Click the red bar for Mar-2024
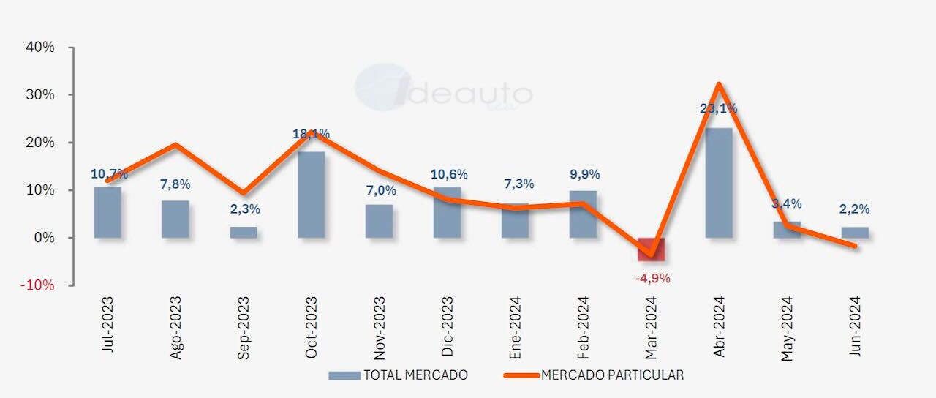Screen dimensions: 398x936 coord(651,249)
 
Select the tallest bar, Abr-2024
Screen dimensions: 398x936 coord(719,183)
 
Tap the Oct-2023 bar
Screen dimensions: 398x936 coord(311,195)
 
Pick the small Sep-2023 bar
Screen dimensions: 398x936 coord(244,232)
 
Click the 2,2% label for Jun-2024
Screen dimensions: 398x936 coord(854,209)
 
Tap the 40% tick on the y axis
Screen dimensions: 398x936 coord(40,48)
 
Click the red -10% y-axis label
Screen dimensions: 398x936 coord(38,285)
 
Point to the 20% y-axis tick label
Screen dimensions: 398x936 coord(40,143)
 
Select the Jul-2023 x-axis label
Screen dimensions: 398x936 coord(108,325)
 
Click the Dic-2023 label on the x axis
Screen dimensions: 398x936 coord(447,326)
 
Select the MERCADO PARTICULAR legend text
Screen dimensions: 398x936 coord(613,375)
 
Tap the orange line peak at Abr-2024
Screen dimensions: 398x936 coord(719,84)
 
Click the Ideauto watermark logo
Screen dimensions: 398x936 coord(443,89)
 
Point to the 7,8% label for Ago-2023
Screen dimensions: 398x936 coord(175,184)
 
